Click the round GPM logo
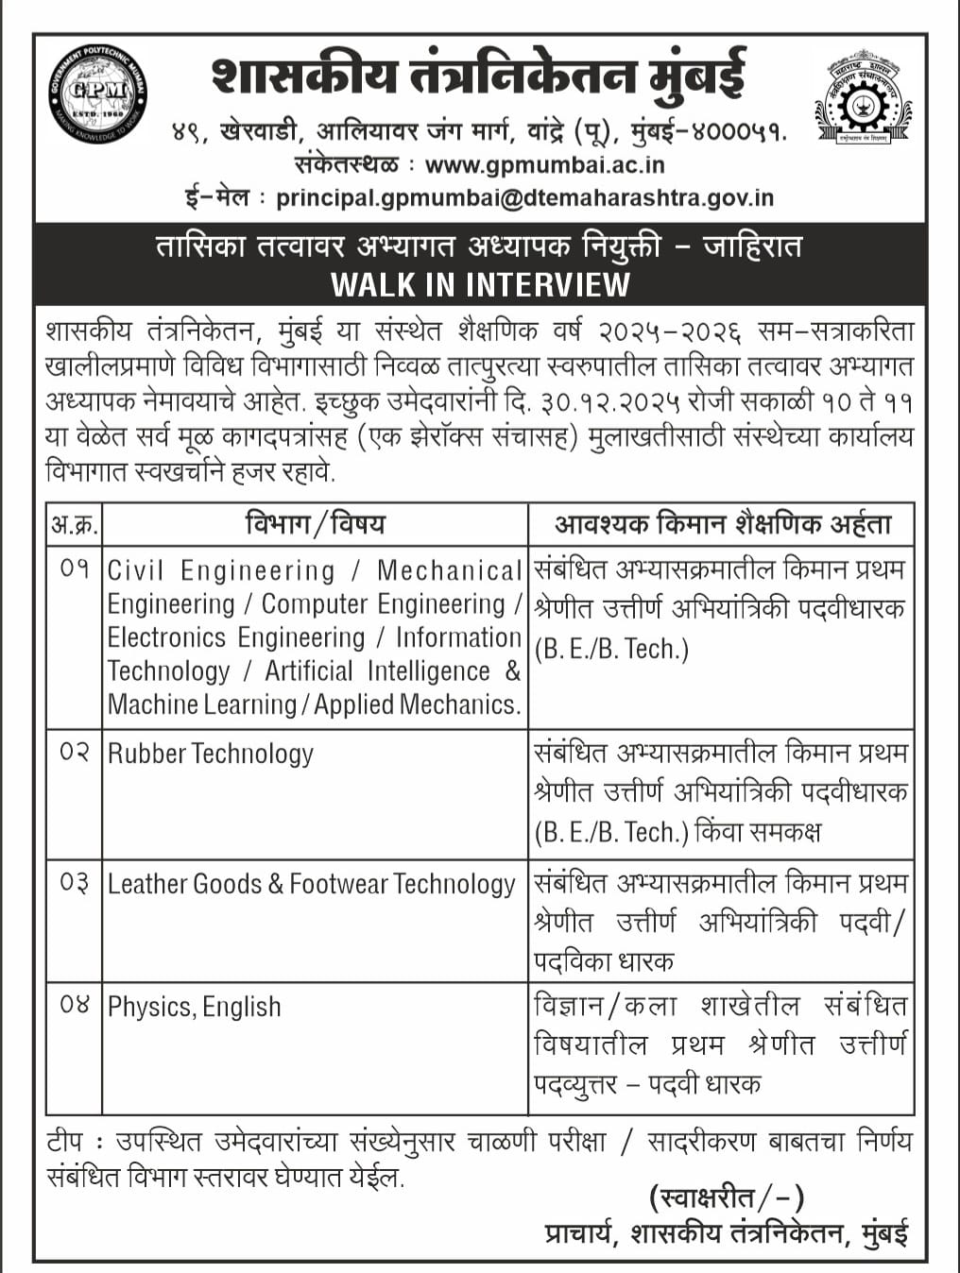97,93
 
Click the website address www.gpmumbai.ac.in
545,164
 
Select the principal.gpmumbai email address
524,198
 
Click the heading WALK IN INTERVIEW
480,284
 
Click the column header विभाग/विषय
315,523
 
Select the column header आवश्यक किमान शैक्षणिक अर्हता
723,524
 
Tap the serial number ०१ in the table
75,569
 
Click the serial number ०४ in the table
75,1004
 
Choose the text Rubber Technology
211,754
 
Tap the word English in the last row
242,1007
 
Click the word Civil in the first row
136,570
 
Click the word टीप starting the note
64,1143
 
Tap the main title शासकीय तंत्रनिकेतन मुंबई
479,76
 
